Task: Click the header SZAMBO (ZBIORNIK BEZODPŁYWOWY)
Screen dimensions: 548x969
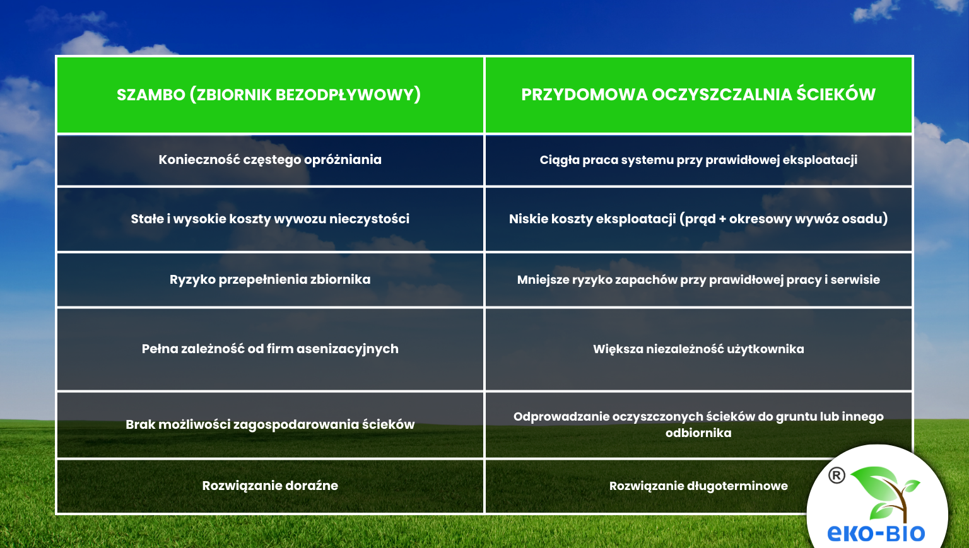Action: click(269, 95)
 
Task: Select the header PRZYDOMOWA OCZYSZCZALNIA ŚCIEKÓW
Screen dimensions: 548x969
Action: click(698, 95)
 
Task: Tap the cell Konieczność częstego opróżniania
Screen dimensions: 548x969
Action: click(270, 160)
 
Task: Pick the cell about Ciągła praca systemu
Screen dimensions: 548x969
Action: click(698, 160)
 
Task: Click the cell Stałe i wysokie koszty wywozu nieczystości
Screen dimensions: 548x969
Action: click(270, 219)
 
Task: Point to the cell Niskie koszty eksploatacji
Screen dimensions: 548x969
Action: click(698, 219)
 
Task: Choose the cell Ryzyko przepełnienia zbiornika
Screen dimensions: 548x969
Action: click(270, 279)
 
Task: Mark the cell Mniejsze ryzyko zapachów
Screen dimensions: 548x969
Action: click(698, 280)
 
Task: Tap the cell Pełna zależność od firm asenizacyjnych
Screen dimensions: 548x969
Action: click(270, 349)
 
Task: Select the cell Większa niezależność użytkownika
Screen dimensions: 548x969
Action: click(698, 349)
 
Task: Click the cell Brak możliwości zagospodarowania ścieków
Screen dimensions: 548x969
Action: click(270, 424)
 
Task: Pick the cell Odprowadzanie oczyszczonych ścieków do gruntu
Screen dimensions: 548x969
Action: click(698, 417)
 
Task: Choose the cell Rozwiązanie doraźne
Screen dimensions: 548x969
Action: click(270, 486)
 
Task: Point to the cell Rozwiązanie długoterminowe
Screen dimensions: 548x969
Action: click(698, 486)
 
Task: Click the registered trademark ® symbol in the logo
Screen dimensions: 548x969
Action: click(837, 475)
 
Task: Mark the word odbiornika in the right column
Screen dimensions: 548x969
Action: click(698, 433)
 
